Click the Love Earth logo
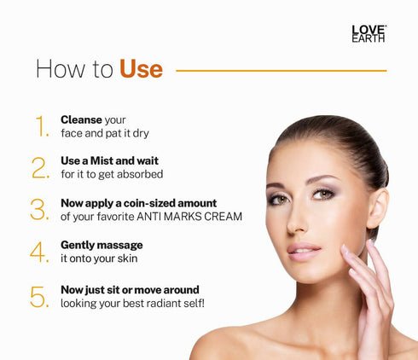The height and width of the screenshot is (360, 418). click(369, 33)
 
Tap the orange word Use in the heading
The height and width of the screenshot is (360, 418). click(141, 69)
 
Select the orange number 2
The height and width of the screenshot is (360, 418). click(41, 167)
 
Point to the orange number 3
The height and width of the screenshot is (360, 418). click(40, 210)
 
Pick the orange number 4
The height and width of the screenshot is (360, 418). click(40, 252)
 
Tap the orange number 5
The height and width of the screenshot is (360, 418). click(40, 296)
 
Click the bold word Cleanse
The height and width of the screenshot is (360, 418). click(81, 119)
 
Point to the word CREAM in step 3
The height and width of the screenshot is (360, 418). click(222, 217)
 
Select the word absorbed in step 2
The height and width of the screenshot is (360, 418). click(142, 174)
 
